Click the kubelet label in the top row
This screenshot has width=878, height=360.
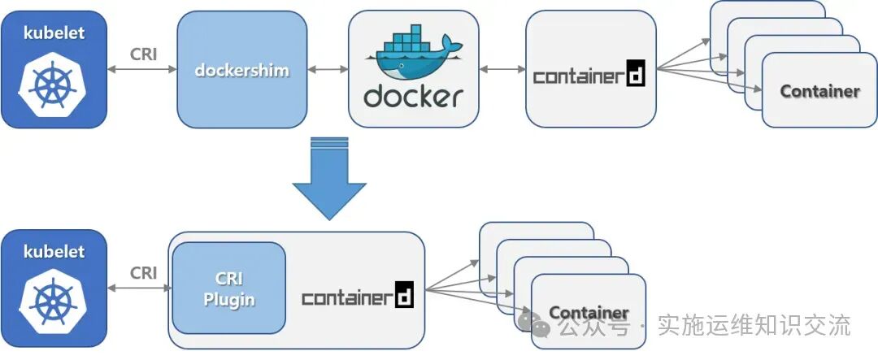[x=54, y=33]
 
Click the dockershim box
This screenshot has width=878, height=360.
[x=242, y=70]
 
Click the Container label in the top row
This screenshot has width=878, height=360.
[x=819, y=91]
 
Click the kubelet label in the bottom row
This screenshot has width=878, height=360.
[x=54, y=252]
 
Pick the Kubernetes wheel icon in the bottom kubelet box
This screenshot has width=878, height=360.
[x=54, y=304]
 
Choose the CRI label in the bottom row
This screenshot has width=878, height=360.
[x=143, y=273]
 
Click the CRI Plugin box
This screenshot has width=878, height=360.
[x=228, y=289]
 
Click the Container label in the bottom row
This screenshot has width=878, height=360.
[x=589, y=313]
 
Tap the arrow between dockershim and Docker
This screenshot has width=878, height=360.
[x=328, y=70]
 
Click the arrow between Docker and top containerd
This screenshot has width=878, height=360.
[x=502, y=70]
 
